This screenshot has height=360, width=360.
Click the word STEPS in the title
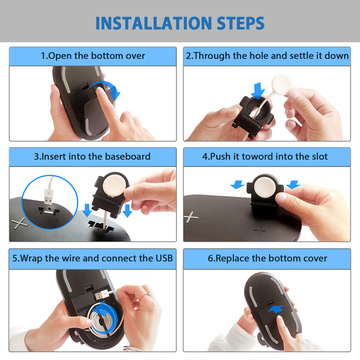pyautogui.click(x=241, y=23)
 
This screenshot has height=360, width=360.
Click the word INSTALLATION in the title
pyautogui.click(x=154, y=23)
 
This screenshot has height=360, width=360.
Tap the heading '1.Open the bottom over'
pyautogui.click(x=93, y=56)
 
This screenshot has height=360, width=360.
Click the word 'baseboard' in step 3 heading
pyautogui.click(x=128, y=157)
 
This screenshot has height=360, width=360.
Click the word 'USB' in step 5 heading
pyautogui.click(x=164, y=258)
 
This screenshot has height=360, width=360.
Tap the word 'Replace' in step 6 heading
pyautogui.click(x=232, y=259)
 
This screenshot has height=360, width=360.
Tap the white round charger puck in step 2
pyautogui.click(x=282, y=84)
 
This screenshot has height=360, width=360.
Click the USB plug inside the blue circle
pyautogui.click(x=49, y=197)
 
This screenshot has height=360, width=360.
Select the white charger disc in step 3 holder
pyautogui.click(x=115, y=185)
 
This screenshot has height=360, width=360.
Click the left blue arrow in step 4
pyautogui.click(x=238, y=184)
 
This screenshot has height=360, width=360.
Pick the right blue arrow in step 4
pyautogui.click(x=293, y=184)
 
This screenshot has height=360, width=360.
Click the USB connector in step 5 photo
pyautogui.click(x=101, y=294)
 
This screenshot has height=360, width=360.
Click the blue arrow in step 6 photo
pyautogui.click(x=276, y=309)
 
